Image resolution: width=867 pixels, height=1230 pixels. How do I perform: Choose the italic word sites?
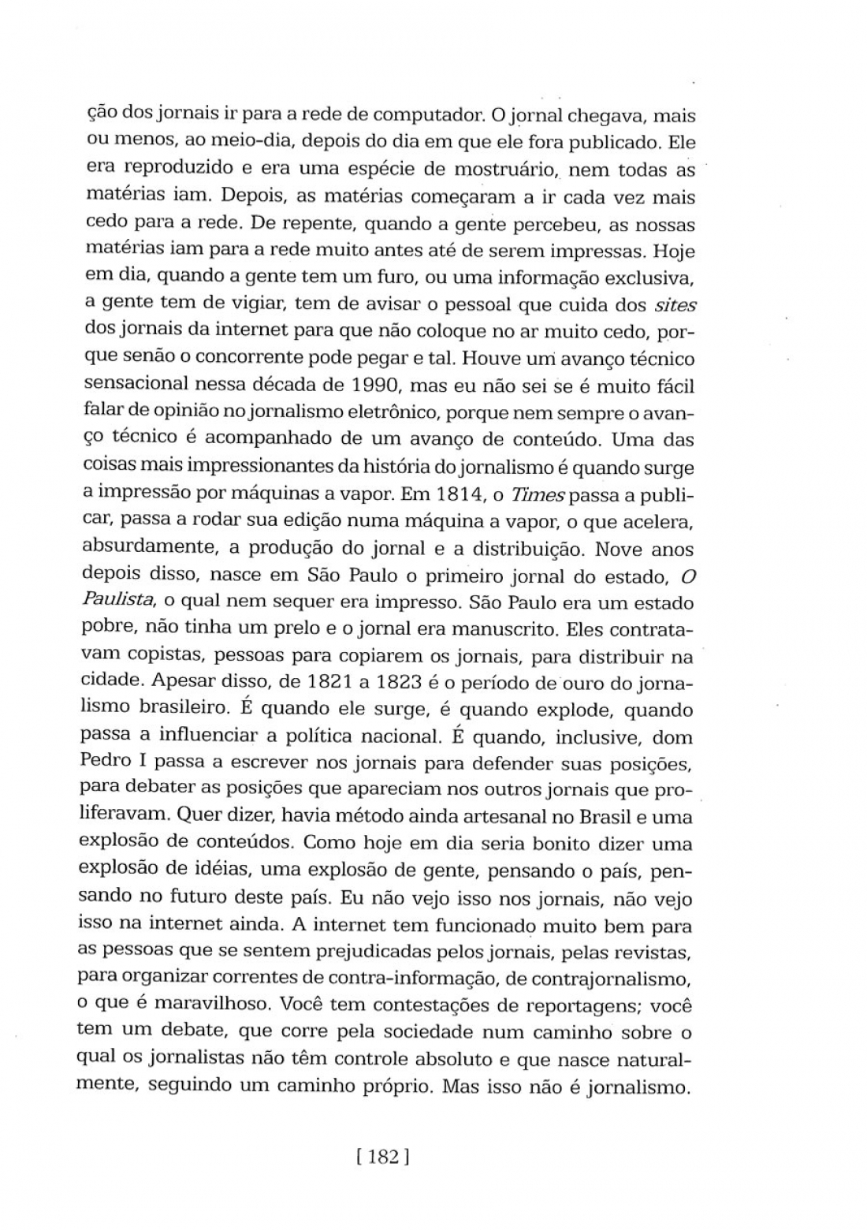[675, 305]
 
